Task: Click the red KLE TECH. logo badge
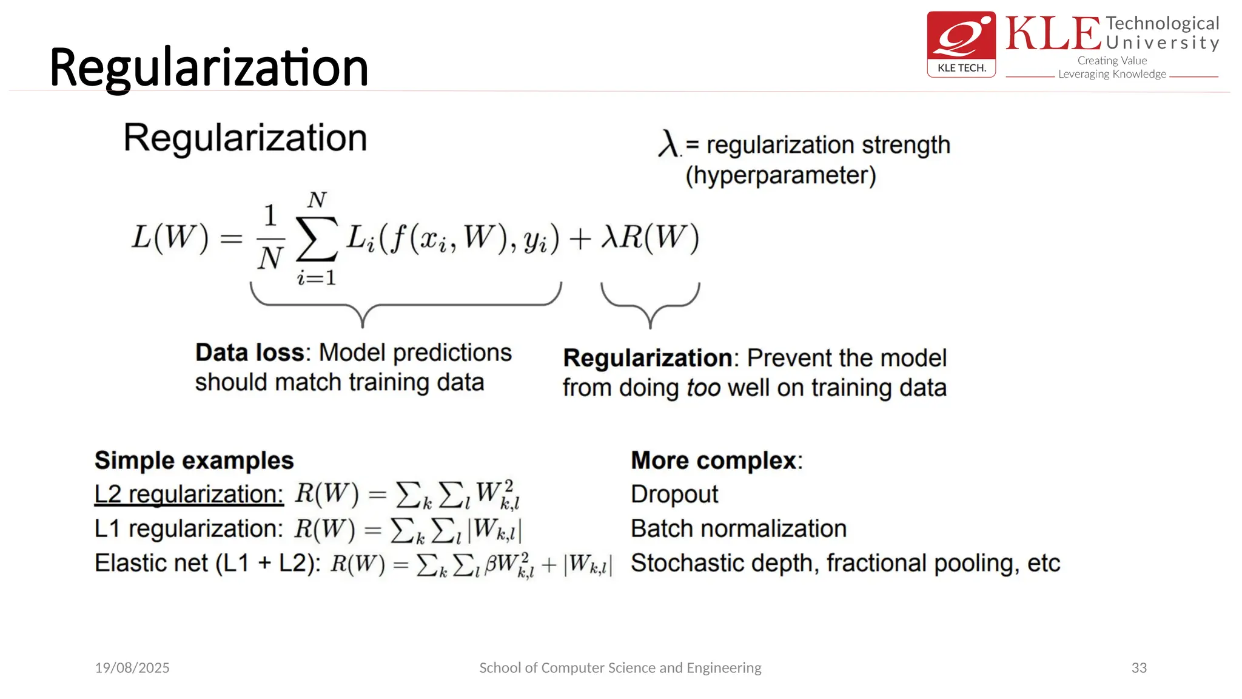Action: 961,44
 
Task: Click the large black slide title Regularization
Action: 209,68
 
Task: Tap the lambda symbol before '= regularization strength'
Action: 668,144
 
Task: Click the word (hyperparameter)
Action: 780,175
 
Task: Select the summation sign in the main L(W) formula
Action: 317,238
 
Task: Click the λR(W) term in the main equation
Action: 650,237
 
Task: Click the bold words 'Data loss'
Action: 249,353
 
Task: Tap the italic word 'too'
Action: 703,388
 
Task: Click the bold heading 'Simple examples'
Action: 194,461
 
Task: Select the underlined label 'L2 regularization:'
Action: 189,495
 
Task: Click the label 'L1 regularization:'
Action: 189,529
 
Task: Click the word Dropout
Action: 674,495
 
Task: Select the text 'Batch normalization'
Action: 738,529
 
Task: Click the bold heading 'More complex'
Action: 714,461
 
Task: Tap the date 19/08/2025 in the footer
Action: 132,668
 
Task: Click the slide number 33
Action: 1139,668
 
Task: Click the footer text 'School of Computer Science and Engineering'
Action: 620,668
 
